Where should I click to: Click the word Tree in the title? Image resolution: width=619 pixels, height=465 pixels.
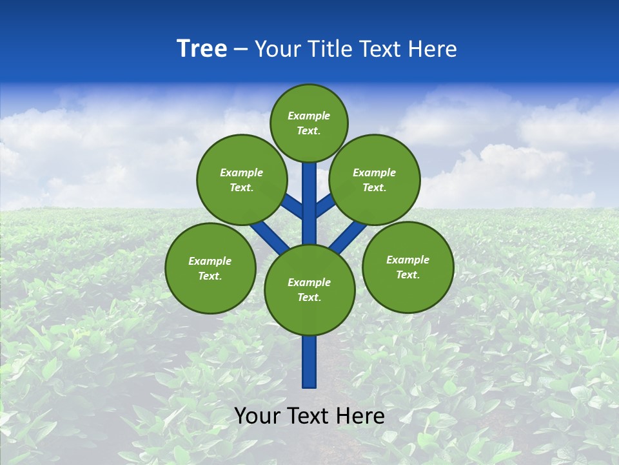[202, 48]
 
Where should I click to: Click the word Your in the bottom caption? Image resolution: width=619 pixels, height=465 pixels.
[258, 416]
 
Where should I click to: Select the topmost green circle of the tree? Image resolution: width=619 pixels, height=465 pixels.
[309, 123]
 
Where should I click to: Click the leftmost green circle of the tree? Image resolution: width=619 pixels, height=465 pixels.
[210, 268]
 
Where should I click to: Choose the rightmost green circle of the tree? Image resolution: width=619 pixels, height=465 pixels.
[408, 267]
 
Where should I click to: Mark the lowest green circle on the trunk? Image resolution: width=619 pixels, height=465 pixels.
[309, 289]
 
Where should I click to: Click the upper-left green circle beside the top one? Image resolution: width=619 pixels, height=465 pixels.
[241, 180]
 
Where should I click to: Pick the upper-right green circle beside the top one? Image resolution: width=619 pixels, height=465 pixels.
[375, 180]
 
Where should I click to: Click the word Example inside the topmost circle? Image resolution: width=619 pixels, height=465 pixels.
[309, 116]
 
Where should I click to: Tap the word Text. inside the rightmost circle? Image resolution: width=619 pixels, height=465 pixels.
[408, 274]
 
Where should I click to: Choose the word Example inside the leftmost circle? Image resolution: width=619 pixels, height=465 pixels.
[210, 261]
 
